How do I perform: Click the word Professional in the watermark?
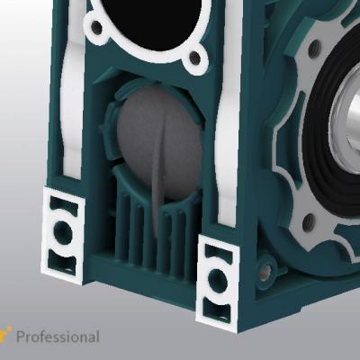tap(58, 337)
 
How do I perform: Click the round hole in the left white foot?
tap(63, 231)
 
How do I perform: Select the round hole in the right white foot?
tap(217, 281)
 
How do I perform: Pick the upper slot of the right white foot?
tap(219, 251)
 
